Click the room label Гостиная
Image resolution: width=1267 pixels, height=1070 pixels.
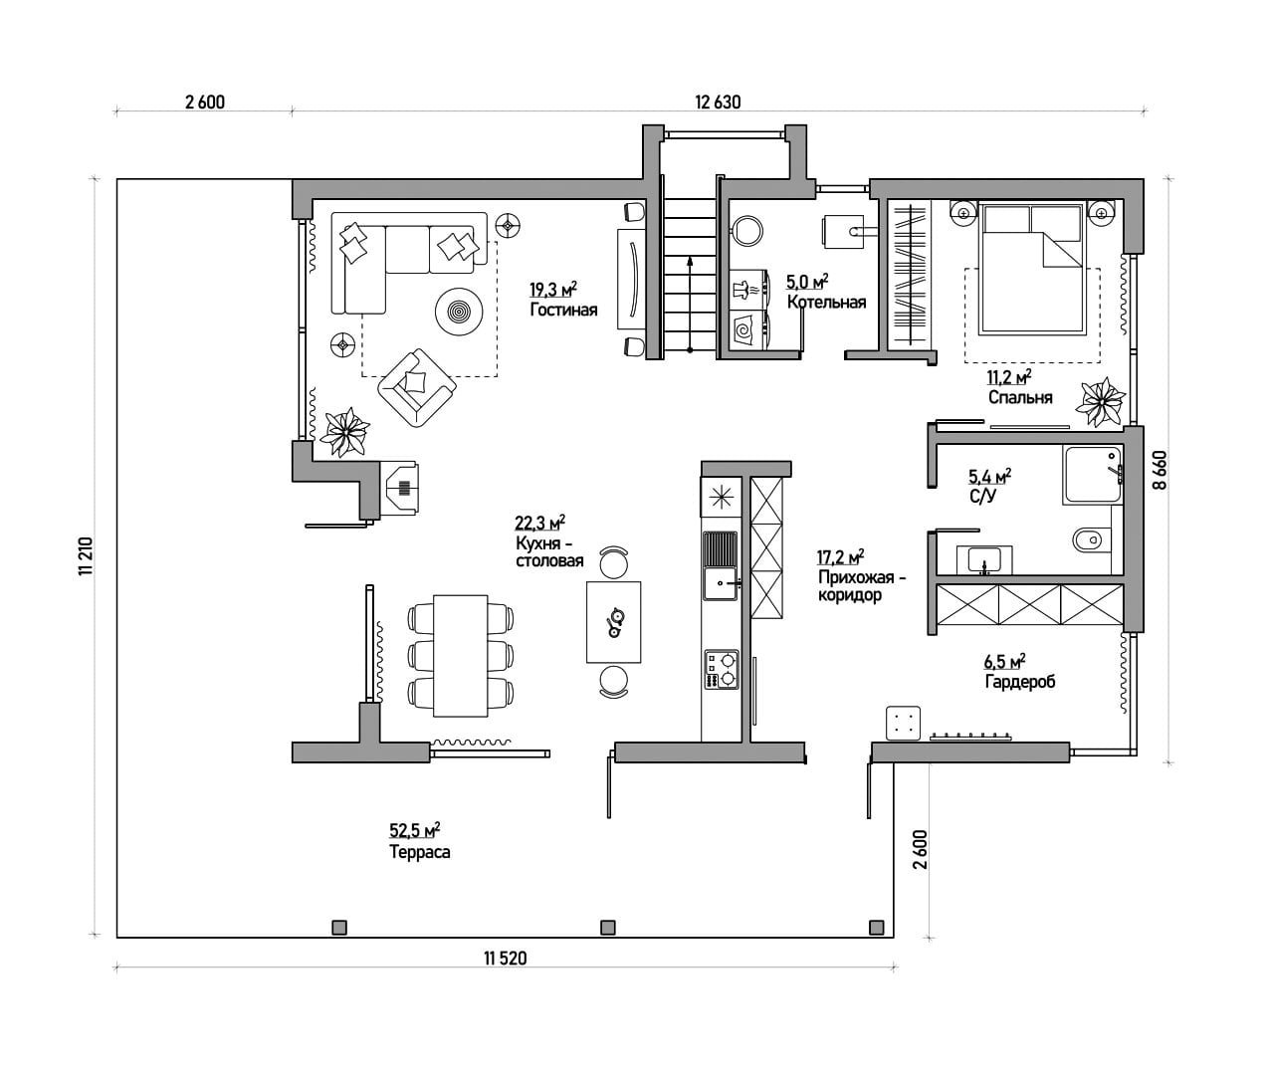click(x=563, y=310)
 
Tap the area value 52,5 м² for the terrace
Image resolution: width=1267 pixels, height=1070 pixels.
click(x=414, y=830)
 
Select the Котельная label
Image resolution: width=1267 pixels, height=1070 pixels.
click(x=826, y=302)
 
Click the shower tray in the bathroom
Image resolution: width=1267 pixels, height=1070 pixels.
click(x=1092, y=475)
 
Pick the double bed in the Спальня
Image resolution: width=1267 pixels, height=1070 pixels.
click(x=1031, y=269)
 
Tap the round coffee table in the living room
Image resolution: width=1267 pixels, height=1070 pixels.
click(x=459, y=311)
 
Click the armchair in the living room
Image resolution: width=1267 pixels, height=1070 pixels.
click(x=417, y=387)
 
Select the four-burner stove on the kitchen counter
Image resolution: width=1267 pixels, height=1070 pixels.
click(x=722, y=670)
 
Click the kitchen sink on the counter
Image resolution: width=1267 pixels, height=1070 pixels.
click(x=721, y=582)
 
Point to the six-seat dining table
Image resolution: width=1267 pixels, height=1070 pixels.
click(x=461, y=656)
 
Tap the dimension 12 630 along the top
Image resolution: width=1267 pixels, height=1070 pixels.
click(x=718, y=102)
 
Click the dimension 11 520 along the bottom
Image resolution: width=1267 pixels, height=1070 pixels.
click(x=505, y=959)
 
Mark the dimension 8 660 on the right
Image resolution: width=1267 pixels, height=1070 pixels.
click(x=1159, y=471)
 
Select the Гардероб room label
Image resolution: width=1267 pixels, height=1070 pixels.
click(x=1020, y=681)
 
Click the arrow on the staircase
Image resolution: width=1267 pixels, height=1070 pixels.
click(x=690, y=304)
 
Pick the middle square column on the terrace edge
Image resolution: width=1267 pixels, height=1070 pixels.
click(x=607, y=928)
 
